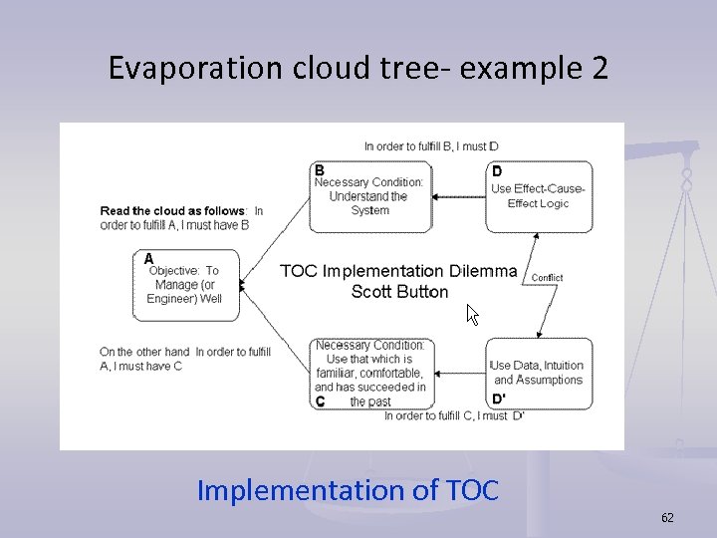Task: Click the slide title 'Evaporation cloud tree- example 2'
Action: (358, 69)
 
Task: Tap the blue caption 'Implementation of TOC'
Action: (348, 490)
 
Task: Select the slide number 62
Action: (667, 517)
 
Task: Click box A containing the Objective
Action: (186, 284)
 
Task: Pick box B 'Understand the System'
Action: (369, 196)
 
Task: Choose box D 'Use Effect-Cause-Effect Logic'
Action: (539, 196)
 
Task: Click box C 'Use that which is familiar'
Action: (370, 374)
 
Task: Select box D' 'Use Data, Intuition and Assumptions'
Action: (539, 374)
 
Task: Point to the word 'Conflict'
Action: (547, 278)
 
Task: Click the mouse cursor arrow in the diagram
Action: (473, 316)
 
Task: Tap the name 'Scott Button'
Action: (399, 292)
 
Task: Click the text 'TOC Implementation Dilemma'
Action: (398, 271)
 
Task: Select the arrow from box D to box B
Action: (460, 196)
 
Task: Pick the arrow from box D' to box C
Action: (460, 374)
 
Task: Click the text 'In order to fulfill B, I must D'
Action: (431, 146)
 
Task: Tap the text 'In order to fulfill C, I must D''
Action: (454, 415)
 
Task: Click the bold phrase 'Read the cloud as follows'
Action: (173, 211)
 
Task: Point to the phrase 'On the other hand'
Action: (144, 352)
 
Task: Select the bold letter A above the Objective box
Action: (148, 258)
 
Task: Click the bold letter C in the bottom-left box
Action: (320, 402)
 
